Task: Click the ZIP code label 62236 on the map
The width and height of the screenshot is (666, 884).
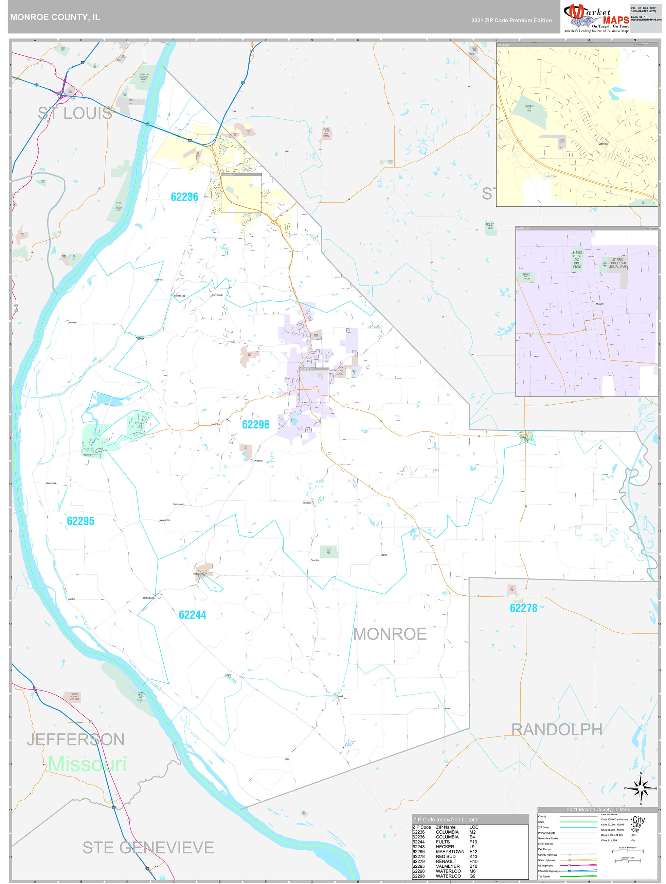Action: point(184,197)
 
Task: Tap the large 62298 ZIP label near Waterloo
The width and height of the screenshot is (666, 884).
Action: point(255,424)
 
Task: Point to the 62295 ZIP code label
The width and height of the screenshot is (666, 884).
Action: point(80,521)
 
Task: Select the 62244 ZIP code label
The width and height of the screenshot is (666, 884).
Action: point(193,615)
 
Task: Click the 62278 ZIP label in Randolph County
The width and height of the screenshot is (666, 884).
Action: point(523,608)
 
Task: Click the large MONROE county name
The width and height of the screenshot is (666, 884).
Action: point(390,634)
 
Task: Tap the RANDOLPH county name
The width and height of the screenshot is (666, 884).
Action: point(557,729)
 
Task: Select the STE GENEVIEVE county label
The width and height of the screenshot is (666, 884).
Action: point(148,847)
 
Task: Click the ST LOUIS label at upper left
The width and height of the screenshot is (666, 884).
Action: point(75,113)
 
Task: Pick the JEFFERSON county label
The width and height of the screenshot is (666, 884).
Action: point(76,739)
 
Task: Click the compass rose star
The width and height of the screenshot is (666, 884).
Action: point(641,788)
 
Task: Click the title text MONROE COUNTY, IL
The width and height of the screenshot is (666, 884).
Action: point(55,17)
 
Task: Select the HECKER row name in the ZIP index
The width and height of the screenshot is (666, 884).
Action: point(445,847)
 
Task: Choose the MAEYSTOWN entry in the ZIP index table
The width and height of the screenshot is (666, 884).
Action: point(450,851)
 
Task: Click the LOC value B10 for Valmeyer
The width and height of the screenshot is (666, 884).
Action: point(473,866)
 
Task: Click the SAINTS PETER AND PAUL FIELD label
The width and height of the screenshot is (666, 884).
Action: point(577,260)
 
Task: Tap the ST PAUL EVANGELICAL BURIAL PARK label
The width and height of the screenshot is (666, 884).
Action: point(618,263)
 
